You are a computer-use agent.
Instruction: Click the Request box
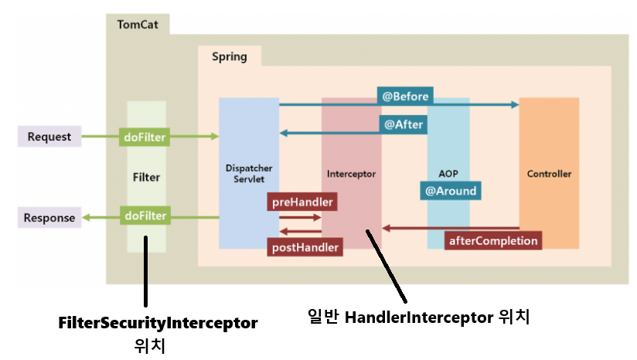[49, 137]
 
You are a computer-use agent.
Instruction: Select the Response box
[49, 218]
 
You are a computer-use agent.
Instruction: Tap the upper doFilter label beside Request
[145, 137]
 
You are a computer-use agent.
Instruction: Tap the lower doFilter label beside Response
[145, 216]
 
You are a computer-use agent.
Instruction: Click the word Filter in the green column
[146, 177]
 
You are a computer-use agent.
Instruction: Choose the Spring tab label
[230, 56]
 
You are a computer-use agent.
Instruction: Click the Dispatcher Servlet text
[248, 173]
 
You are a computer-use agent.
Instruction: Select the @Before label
[405, 97]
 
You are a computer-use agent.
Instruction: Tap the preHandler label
[302, 202]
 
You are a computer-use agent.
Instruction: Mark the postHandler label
[305, 247]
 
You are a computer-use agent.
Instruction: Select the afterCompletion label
[493, 240]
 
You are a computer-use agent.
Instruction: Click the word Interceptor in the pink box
[351, 174]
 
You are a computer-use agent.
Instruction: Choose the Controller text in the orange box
[549, 174]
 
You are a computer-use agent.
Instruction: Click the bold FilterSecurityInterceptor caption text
[158, 321]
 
